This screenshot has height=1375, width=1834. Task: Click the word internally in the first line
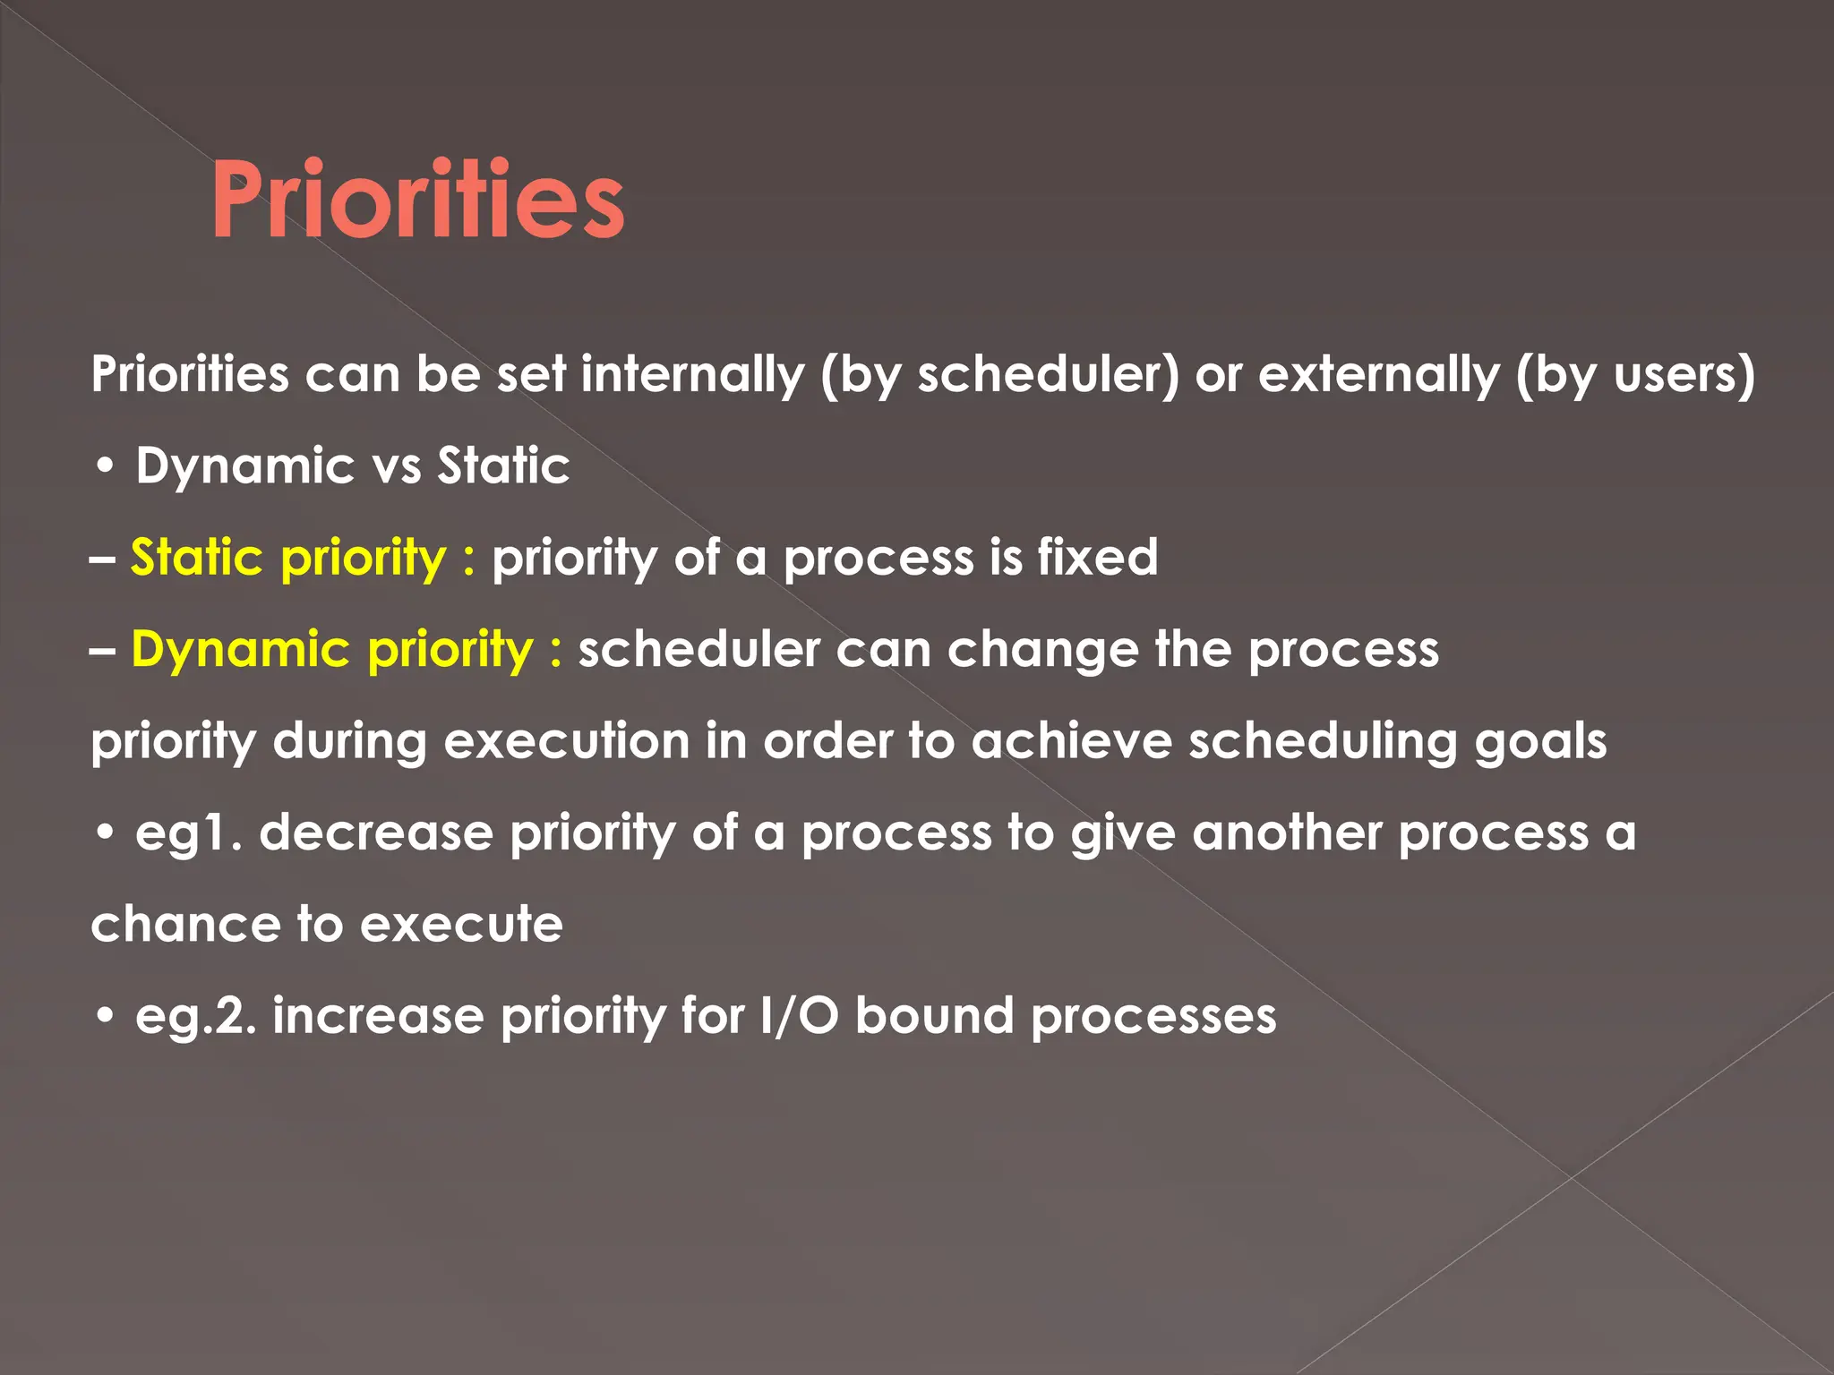(692, 374)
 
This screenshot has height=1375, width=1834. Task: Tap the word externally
(1378, 374)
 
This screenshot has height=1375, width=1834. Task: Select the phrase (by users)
(1635, 374)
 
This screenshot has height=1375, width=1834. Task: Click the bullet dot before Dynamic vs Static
(106, 467)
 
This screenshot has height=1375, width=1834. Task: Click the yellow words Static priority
(288, 558)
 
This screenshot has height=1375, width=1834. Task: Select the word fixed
(1098, 558)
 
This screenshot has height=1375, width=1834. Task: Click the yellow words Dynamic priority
(332, 650)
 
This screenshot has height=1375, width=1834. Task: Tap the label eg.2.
(195, 1017)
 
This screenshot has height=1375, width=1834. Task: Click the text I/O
(798, 1017)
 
